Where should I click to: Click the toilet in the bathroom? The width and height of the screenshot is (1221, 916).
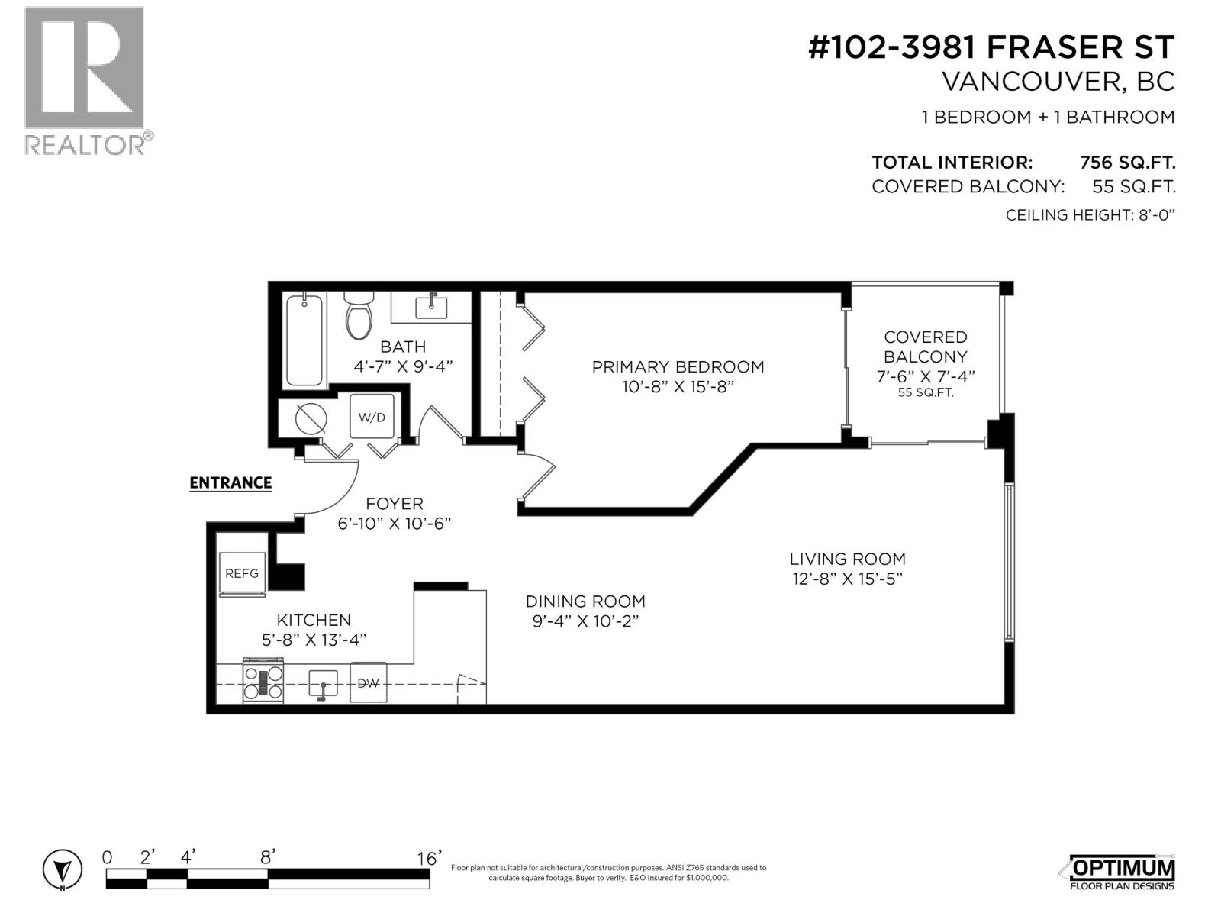pyautogui.click(x=357, y=317)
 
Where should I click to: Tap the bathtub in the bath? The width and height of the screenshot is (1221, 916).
pyautogui.click(x=304, y=340)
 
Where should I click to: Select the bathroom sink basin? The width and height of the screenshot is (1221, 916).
pyautogui.click(x=431, y=307)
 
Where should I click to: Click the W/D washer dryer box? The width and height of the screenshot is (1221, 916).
pyautogui.click(x=372, y=417)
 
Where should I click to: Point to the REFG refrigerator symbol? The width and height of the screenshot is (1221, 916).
pyautogui.click(x=242, y=572)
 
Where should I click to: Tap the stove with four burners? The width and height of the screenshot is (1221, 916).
pyautogui.click(x=263, y=681)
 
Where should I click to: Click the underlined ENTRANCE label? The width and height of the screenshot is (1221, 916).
pyautogui.click(x=230, y=482)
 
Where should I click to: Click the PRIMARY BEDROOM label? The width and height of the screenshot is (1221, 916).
pyautogui.click(x=678, y=366)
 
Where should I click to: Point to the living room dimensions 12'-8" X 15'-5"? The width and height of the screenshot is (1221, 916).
pyautogui.click(x=847, y=579)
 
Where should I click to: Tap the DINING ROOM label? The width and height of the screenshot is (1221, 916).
pyautogui.click(x=585, y=602)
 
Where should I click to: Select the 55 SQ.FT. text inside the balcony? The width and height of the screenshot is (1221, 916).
pyautogui.click(x=925, y=394)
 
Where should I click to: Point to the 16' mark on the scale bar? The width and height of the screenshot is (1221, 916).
pyautogui.click(x=429, y=860)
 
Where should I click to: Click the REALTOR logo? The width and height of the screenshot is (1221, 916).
pyautogui.click(x=85, y=80)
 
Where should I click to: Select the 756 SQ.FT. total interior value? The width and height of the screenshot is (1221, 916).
pyautogui.click(x=1127, y=163)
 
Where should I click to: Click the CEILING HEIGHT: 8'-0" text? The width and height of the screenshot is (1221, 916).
pyautogui.click(x=1090, y=215)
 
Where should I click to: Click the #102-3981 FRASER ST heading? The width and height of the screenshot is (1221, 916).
pyautogui.click(x=991, y=47)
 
